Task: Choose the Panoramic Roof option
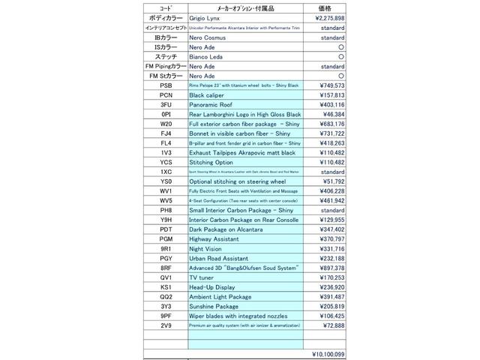212,106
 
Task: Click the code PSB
165,85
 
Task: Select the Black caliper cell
207,96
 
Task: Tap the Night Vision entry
205,248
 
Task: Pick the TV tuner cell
203,278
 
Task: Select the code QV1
165,278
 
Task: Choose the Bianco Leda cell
206,55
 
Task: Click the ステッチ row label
165,55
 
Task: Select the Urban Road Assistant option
219,258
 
